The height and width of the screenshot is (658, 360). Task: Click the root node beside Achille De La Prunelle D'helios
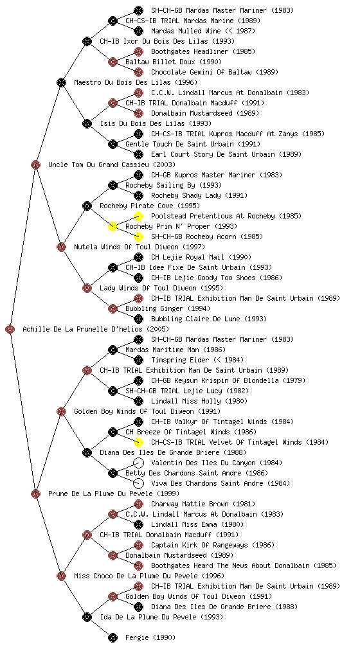pyautogui.click(x=10, y=330)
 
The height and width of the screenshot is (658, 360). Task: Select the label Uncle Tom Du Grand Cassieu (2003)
pyautogui.click(x=112, y=165)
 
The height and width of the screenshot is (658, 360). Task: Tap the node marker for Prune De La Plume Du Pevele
pyautogui.click(x=35, y=494)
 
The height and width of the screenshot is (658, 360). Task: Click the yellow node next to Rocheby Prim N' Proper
pyautogui.click(x=113, y=227)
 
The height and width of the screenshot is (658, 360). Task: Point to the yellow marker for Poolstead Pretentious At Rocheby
pyautogui.click(x=138, y=216)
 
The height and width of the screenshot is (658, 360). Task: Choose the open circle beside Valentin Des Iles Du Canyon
pyautogui.click(x=138, y=463)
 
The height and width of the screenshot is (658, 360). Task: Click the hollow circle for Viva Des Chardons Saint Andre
pyautogui.click(x=138, y=483)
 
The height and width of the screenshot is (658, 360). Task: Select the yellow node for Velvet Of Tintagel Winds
pyautogui.click(x=138, y=442)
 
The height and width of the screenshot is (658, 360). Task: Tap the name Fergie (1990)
pyautogui.click(x=150, y=638)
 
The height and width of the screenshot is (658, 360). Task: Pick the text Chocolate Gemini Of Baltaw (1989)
pyautogui.click(x=215, y=72)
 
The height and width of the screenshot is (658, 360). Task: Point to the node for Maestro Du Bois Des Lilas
pyautogui.click(x=61, y=83)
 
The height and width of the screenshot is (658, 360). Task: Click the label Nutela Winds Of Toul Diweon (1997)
pyautogui.click(x=139, y=247)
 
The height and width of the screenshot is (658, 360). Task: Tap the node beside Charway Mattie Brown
pyautogui.click(x=138, y=504)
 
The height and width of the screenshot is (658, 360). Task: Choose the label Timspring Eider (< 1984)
pyautogui.click(x=197, y=360)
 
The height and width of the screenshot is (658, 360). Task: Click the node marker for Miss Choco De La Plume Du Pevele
pyautogui.click(x=61, y=576)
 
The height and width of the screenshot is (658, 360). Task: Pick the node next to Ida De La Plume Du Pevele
pyautogui.click(x=87, y=618)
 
